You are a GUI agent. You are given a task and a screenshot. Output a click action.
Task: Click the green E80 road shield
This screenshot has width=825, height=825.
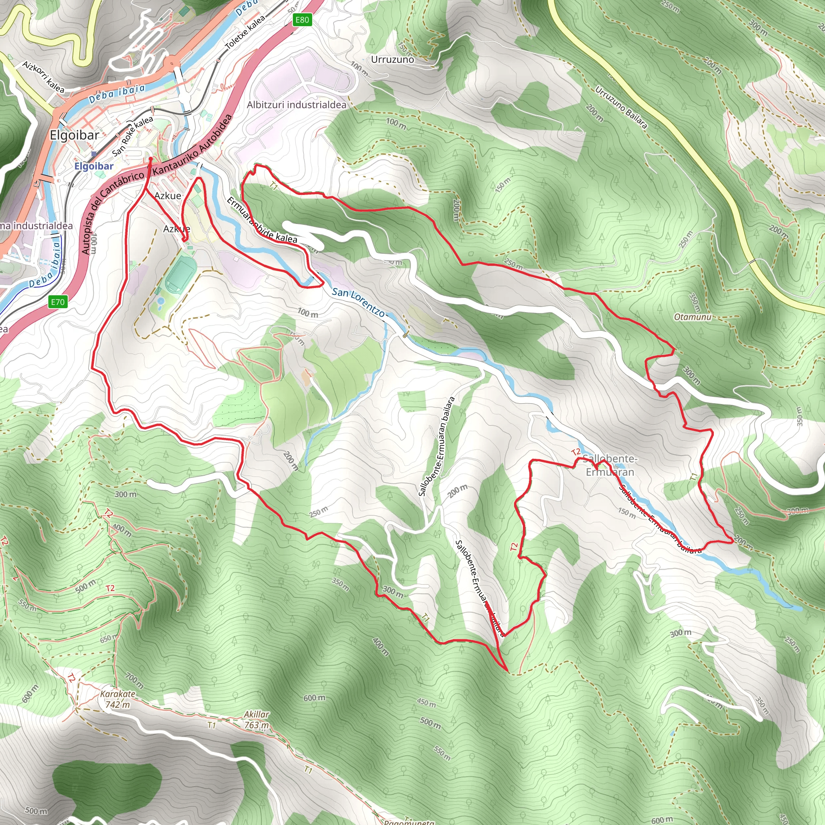[x=302, y=20]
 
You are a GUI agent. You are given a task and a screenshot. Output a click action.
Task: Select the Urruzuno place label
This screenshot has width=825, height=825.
[x=392, y=60]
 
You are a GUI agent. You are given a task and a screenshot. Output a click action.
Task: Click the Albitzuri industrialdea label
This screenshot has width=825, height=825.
[x=297, y=105]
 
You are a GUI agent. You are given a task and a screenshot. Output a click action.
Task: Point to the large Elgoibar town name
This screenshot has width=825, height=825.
[x=75, y=135]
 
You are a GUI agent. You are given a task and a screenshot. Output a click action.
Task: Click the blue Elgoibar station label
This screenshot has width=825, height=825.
[x=94, y=166]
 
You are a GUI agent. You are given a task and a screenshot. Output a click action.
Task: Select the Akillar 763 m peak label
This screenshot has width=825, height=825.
[x=257, y=720]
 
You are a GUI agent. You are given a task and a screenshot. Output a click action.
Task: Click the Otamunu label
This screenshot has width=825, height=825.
[x=692, y=317]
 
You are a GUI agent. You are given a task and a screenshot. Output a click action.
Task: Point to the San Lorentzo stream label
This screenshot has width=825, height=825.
[x=358, y=302]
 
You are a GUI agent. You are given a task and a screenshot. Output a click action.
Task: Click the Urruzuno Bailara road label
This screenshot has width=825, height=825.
[x=621, y=108]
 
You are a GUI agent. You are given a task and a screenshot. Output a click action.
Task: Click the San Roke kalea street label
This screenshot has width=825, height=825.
[x=133, y=136]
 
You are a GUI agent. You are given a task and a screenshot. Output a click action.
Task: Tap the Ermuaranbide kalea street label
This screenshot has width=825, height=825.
[x=262, y=221]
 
